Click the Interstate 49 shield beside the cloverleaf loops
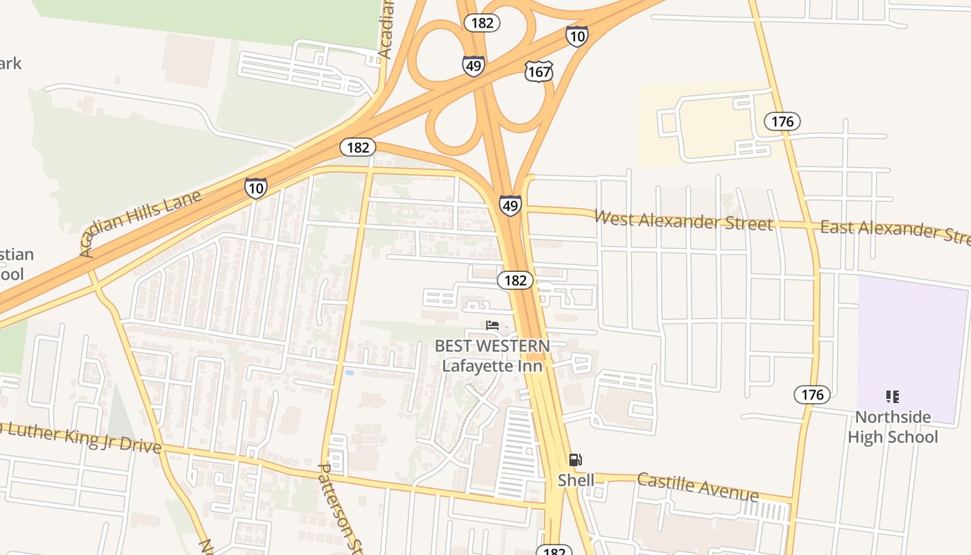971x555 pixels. pos(474,65)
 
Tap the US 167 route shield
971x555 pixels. pos(539,71)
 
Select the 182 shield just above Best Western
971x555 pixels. pos(515,280)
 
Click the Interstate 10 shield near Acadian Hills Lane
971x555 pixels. pos(255,187)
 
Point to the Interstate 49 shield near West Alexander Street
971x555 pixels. pos(510,205)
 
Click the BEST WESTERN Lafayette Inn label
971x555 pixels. pos(492,355)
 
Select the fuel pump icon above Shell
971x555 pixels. pos(575,459)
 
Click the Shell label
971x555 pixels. pos(576,480)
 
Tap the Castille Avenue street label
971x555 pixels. pos(698,486)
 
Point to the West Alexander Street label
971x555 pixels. pos(683,221)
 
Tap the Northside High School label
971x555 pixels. pos(893,427)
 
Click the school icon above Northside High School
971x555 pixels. pos(892,397)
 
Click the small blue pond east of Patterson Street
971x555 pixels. pos(349,373)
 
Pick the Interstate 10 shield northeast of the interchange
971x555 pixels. pos(576,36)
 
